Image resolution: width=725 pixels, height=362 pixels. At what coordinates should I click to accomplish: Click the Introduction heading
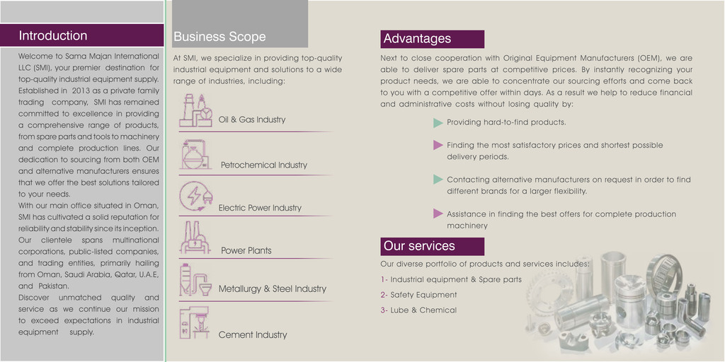pyautogui.click(x=52, y=35)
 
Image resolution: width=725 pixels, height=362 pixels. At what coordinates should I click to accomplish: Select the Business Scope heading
pyautogui.click(x=219, y=37)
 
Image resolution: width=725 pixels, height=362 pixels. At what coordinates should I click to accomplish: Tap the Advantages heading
pyautogui.click(x=417, y=38)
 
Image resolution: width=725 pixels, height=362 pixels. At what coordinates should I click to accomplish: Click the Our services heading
pyautogui.click(x=419, y=245)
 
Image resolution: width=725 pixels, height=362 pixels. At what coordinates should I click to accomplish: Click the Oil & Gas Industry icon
pyautogui.click(x=196, y=110)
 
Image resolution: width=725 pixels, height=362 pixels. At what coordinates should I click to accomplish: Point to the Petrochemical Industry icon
pyautogui.click(x=195, y=154)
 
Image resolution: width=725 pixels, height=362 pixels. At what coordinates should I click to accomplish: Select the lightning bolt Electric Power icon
pyautogui.click(x=195, y=197)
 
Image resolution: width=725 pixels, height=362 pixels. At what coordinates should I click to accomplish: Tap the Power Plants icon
pyautogui.click(x=195, y=238)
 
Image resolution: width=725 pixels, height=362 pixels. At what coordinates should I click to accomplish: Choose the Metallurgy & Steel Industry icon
pyautogui.click(x=195, y=280)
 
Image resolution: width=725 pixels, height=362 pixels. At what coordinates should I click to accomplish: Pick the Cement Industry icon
pyautogui.click(x=195, y=322)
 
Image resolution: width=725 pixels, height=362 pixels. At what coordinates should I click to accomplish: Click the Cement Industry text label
pyautogui.click(x=253, y=334)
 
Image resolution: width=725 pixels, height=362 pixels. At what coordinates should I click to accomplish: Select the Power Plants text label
pyautogui.click(x=246, y=251)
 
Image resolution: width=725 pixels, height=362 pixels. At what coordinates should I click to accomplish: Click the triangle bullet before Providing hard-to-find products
pyautogui.click(x=438, y=123)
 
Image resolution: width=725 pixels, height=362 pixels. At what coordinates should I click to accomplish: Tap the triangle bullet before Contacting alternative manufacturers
pyautogui.click(x=438, y=179)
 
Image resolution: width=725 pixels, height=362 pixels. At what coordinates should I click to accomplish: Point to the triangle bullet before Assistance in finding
pyautogui.click(x=438, y=214)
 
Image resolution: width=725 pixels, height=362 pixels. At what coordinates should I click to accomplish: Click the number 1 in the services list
pyautogui.click(x=383, y=279)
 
